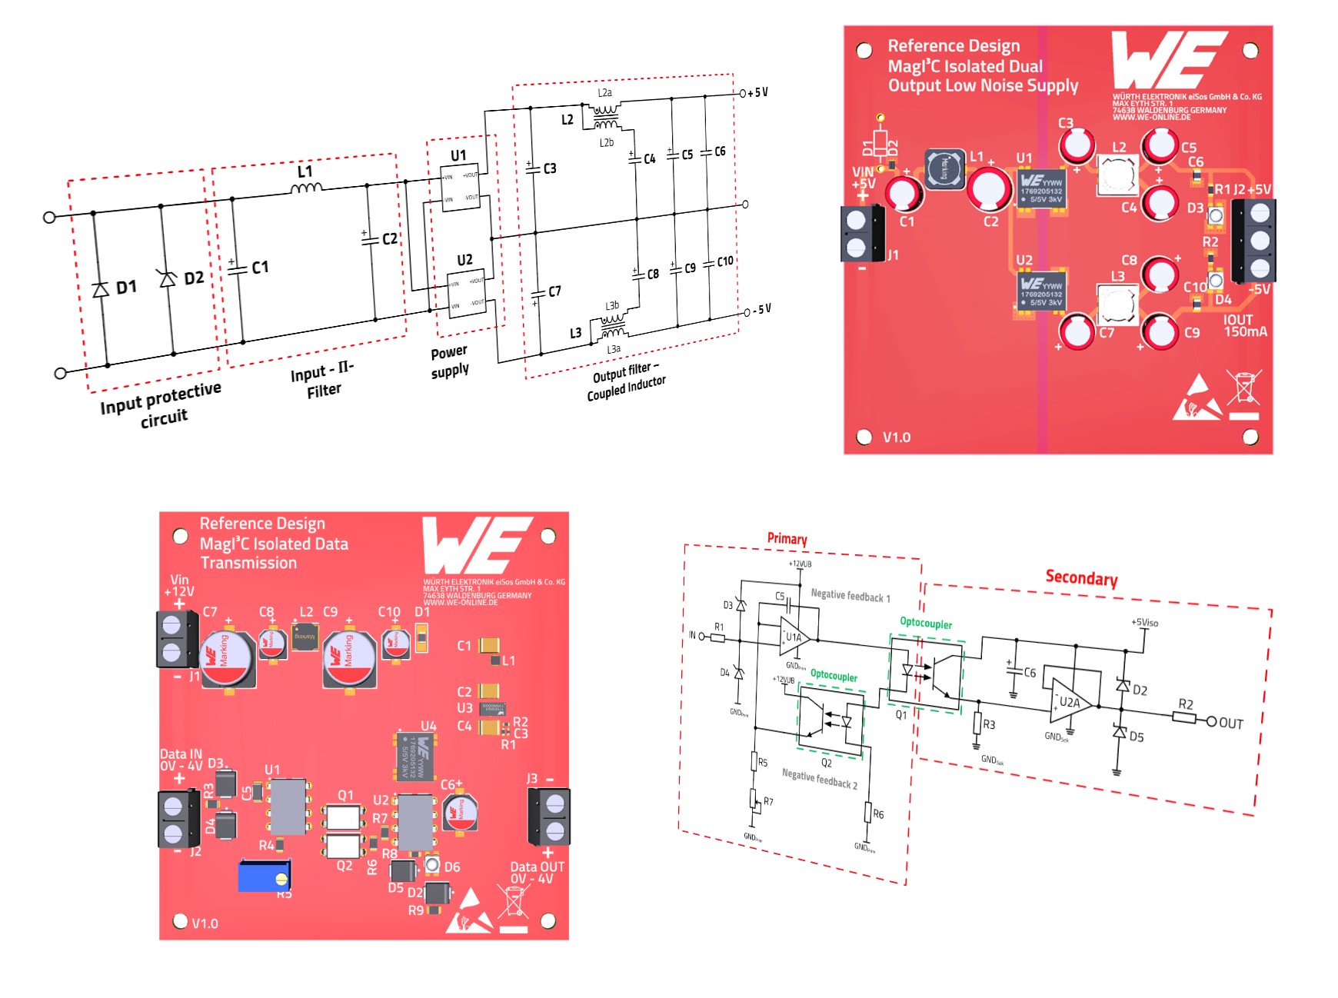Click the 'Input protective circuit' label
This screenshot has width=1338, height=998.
click(161, 404)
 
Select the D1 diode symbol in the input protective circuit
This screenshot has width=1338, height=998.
click(100, 290)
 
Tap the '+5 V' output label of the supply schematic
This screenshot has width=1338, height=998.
click(757, 92)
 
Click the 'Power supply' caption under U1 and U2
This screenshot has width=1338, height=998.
click(450, 361)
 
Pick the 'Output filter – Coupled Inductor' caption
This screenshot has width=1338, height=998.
click(626, 382)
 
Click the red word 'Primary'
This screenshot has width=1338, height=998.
click(787, 538)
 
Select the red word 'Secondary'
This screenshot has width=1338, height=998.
click(1081, 577)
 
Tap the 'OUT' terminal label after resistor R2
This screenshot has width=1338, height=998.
click(1230, 723)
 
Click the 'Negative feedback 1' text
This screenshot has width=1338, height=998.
click(850, 595)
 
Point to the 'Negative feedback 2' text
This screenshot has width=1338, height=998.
click(820, 779)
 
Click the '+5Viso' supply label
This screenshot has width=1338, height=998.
click(1144, 622)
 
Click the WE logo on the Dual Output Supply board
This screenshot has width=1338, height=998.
click(1169, 60)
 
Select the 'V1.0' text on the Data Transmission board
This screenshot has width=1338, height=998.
click(205, 923)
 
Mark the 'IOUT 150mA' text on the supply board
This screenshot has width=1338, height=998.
click(1244, 326)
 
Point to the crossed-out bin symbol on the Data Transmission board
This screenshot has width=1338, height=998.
click(513, 902)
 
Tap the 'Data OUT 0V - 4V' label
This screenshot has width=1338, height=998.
click(537, 873)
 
